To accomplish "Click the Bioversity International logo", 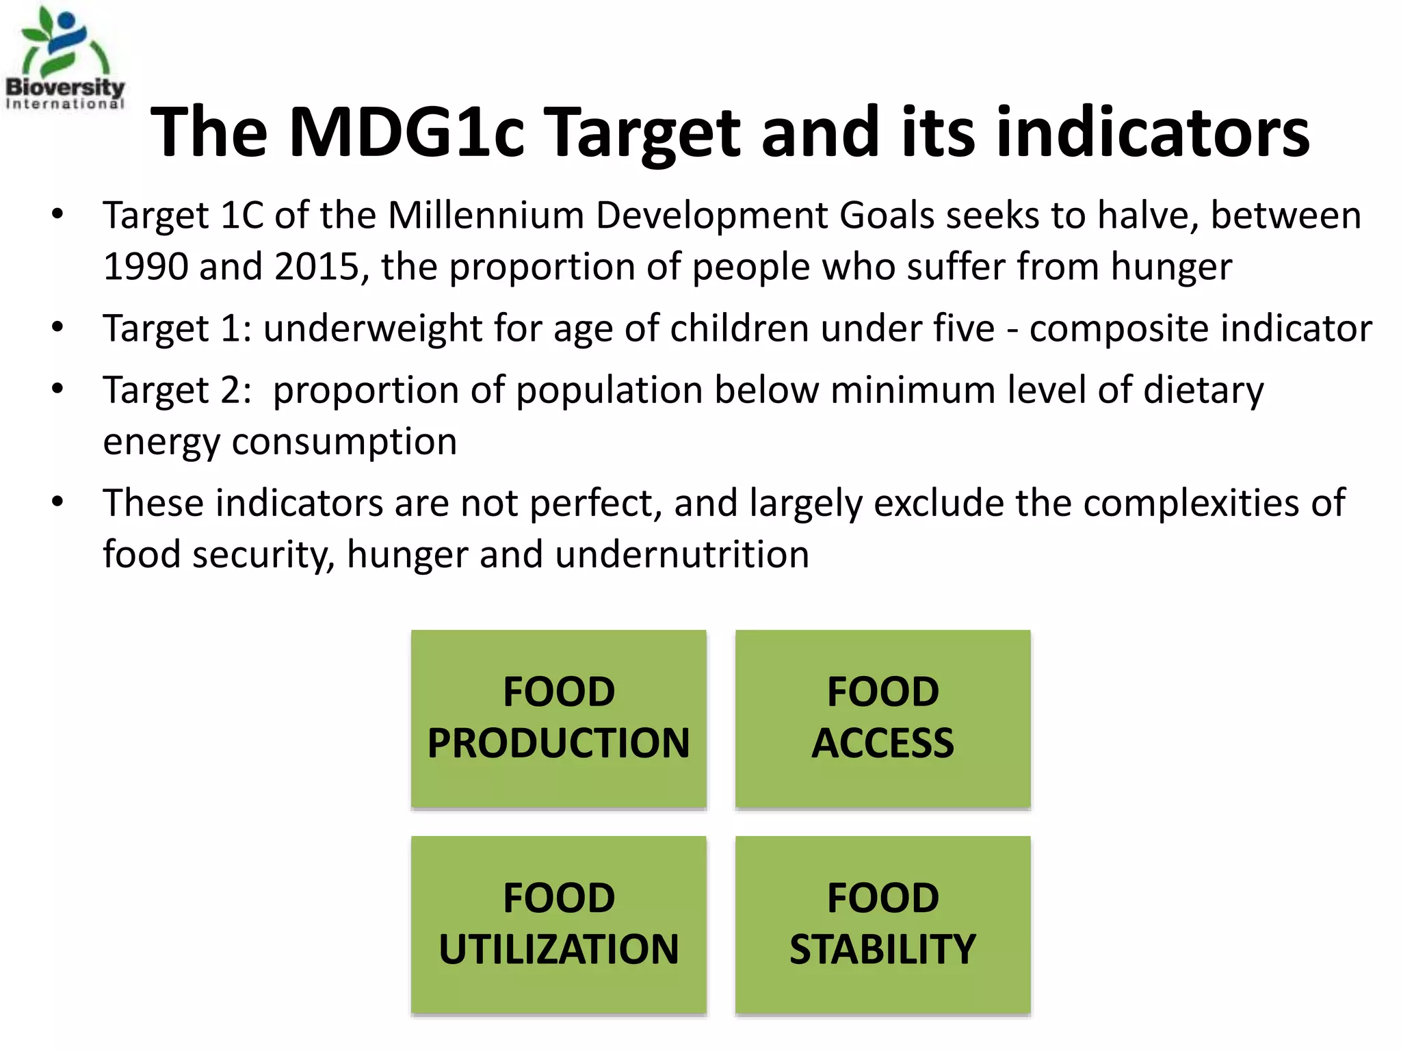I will click(65, 58).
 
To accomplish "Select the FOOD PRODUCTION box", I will click(558, 718).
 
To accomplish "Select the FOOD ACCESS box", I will click(882, 718).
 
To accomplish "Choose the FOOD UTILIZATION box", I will click(558, 924).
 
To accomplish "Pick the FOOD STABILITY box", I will click(882, 924).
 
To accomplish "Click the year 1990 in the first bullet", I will click(145, 267).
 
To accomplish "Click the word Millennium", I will click(486, 216).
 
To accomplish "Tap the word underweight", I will click(373, 329).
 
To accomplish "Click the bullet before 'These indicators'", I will click(57, 503).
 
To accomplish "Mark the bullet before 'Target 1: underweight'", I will click(57, 328).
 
